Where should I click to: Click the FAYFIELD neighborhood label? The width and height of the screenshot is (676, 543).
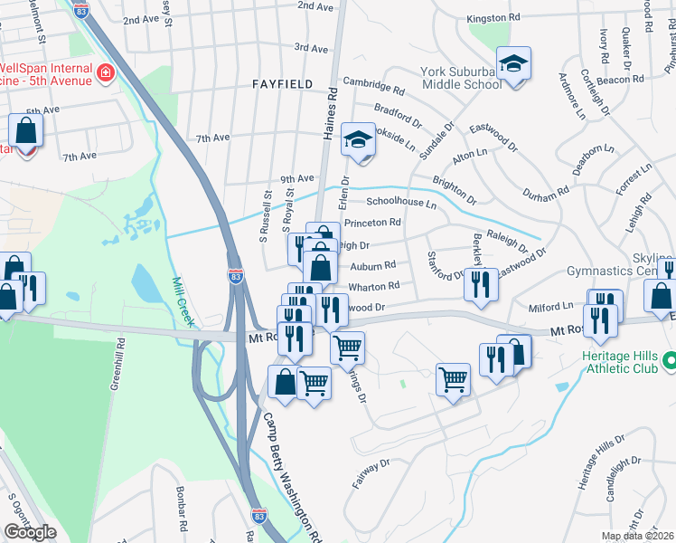[282, 84]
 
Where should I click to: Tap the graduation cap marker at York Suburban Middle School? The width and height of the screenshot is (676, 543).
[513, 64]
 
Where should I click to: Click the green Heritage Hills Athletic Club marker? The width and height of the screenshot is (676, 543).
[668, 361]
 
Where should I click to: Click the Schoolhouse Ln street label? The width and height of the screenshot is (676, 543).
[400, 205]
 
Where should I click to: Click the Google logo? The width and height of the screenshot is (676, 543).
[30, 532]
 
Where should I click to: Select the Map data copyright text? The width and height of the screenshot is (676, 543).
[638, 536]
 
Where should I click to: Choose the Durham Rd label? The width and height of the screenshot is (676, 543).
[545, 191]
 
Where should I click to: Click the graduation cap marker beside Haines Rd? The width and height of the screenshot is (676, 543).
[358, 140]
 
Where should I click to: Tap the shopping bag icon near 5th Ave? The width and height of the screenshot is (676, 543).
[27, 131]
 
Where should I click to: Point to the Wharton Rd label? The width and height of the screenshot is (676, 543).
[374, 287]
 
